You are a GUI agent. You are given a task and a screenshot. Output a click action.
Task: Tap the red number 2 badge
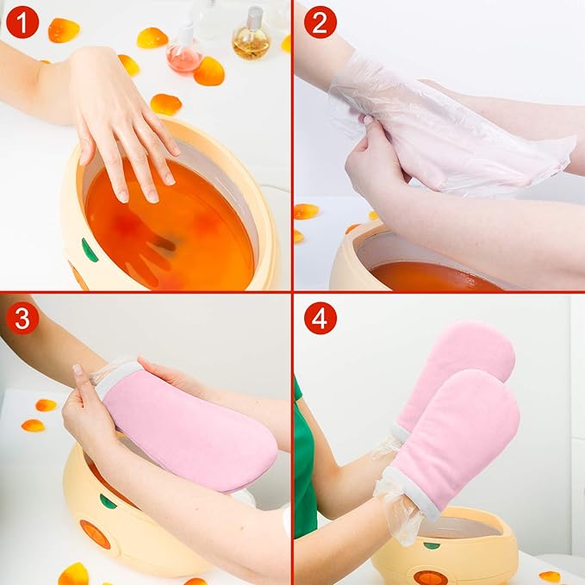pos(320,22)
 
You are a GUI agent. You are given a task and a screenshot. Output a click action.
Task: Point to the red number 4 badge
pos(320,318)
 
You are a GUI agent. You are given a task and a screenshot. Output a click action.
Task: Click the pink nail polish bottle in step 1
pos(184,52)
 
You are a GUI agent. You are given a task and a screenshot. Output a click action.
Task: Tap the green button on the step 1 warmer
pos(90,250)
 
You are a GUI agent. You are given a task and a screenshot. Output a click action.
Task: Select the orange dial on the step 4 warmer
pos(429,577)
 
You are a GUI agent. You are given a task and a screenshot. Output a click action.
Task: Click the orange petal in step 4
pos(549,576)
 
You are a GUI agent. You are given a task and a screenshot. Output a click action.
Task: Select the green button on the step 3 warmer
pos(108,501)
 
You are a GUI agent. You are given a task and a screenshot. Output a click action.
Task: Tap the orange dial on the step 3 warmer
pos(95,534)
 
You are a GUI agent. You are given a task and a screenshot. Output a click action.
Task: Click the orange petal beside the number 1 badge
pos(63,30)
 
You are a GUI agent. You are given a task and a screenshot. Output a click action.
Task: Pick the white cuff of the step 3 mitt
pos(112,379)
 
